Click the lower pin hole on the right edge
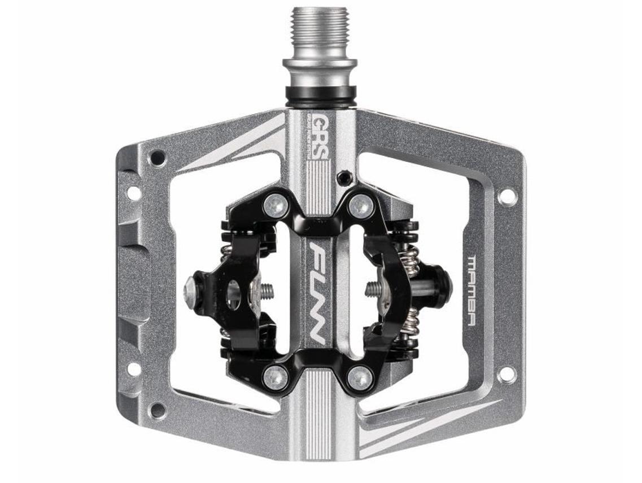pyautogui.click(x=506, y=373)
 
